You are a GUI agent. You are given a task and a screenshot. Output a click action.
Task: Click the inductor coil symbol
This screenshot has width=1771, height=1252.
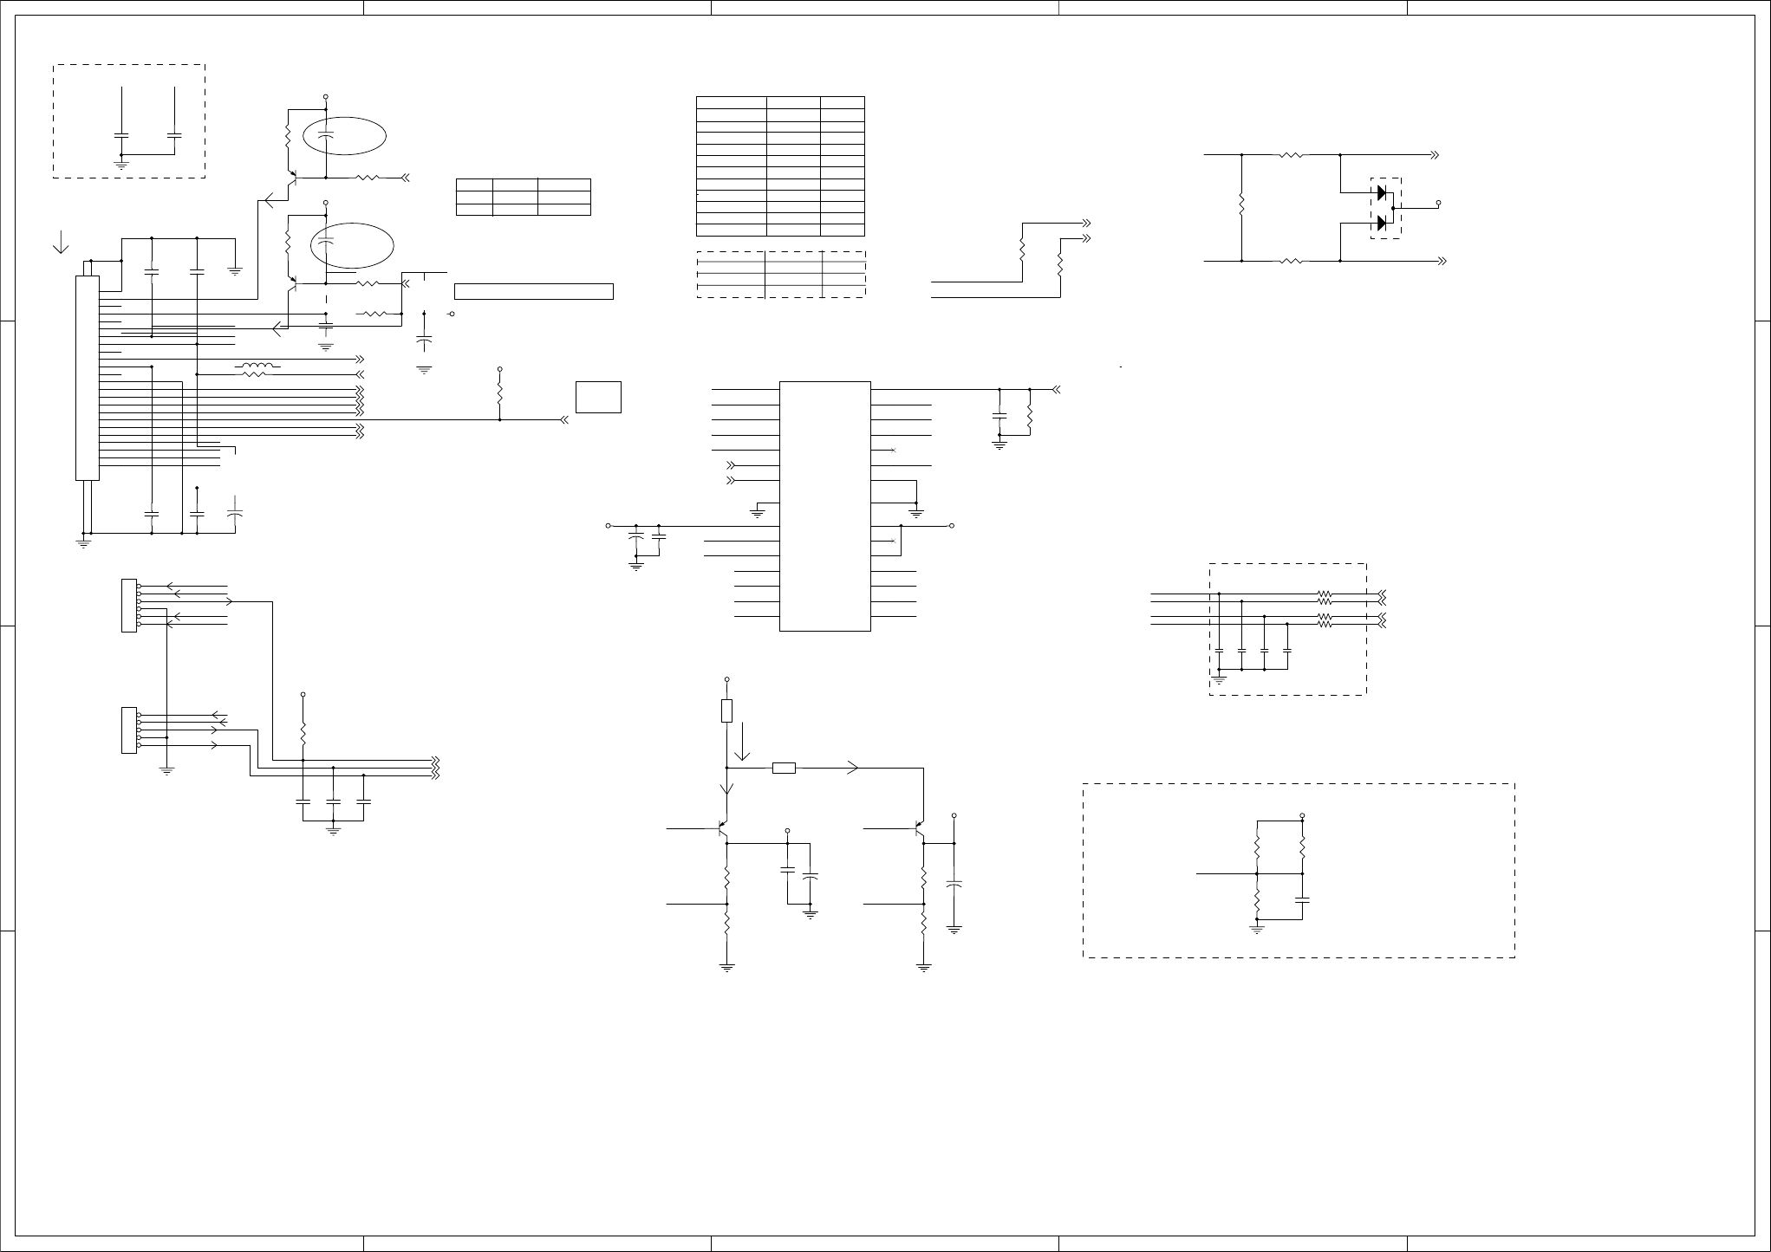[257, 370]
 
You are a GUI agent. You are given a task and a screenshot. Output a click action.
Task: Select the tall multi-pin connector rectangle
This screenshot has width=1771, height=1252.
[88, 377]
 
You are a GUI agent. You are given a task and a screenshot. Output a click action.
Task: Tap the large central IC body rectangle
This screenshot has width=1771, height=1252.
[824, 506]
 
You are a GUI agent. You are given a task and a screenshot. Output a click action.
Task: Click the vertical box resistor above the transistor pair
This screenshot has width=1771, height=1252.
[726, 710]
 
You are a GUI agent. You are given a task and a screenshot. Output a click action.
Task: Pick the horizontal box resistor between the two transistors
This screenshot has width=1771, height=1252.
[784, 768]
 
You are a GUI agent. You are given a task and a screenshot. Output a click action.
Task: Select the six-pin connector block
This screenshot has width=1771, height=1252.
[129, 605]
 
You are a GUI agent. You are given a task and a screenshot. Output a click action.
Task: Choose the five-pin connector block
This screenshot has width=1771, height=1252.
[129, 730]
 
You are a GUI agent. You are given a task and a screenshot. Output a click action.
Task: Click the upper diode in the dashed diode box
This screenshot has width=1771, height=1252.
[1382, 192]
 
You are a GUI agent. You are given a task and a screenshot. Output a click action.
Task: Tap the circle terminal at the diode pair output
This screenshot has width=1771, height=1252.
[1438, 203]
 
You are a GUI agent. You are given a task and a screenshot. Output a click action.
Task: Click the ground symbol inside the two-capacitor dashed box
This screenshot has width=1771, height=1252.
[121, 161]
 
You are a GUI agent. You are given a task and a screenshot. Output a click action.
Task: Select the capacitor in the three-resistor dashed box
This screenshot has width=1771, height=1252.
[1302, 900]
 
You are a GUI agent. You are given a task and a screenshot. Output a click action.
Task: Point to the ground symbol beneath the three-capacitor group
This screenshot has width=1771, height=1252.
[334, 830]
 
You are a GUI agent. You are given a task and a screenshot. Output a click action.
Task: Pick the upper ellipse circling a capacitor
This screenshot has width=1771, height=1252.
[344, 136]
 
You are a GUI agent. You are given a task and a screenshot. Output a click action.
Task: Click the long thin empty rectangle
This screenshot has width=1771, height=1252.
[533, 291]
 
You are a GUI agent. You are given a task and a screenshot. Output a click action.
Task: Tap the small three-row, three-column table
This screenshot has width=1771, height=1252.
[523, 197]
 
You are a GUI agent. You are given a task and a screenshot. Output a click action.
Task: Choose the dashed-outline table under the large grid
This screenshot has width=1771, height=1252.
[781, 275]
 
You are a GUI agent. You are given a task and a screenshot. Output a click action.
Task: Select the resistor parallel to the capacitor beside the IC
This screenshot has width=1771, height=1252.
[1030, 415]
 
